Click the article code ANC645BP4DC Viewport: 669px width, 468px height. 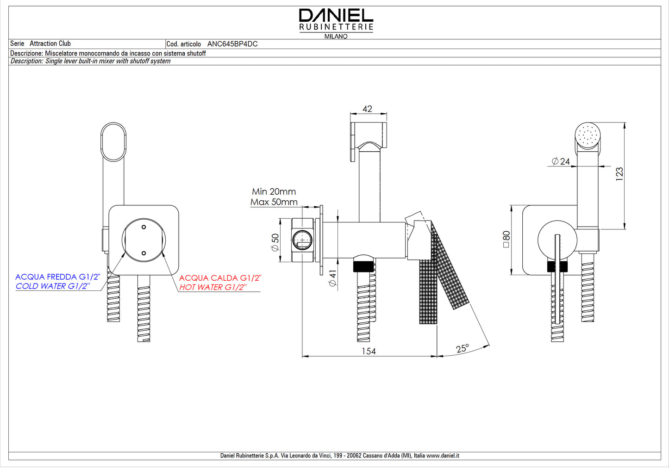[x=232, y=44]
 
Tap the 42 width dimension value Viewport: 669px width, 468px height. [x=367, y=109]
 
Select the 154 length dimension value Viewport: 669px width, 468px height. [x=369, y=351]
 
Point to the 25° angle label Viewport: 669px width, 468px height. [x=462, y=349]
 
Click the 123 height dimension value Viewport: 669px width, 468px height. [x=619, y=174]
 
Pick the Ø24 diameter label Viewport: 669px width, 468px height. [x=561, y=161]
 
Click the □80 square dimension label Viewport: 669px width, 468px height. [x=506, y=240]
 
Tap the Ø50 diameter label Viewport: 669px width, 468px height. [x=275, y=242]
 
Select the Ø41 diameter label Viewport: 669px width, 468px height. [x=332, y=278]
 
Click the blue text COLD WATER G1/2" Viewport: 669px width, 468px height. [x=52, y=286]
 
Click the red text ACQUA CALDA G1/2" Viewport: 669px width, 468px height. [x=220, y=278]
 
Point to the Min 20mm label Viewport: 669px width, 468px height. [x=274, y=191]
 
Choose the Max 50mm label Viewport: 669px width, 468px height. [x=274, y=202]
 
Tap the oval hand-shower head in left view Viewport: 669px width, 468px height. [x=113, y=142]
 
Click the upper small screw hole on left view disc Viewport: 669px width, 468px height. [x=144, y=227]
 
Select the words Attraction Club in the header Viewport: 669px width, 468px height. [x=50, y=43]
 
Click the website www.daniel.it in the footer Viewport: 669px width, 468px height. [x=443, y=456]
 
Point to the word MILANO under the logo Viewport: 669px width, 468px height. [x=336, y=36]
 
